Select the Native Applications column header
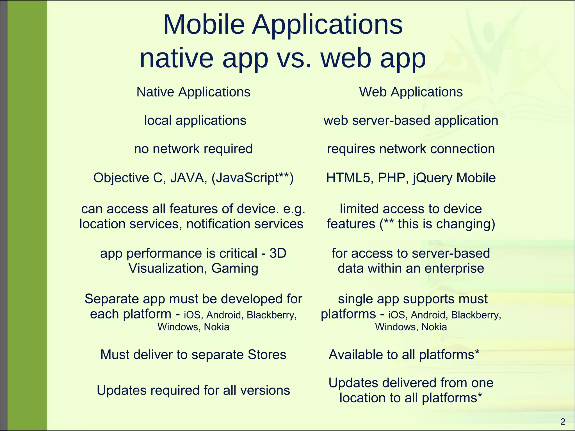pos(193,92)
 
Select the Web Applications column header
pos(411,92)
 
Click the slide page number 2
pos(563,422)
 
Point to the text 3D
pos(278,253)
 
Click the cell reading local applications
pos(195,121)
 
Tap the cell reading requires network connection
pos(411,149)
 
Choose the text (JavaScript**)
pos(252,178)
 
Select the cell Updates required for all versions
pos(193,390)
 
